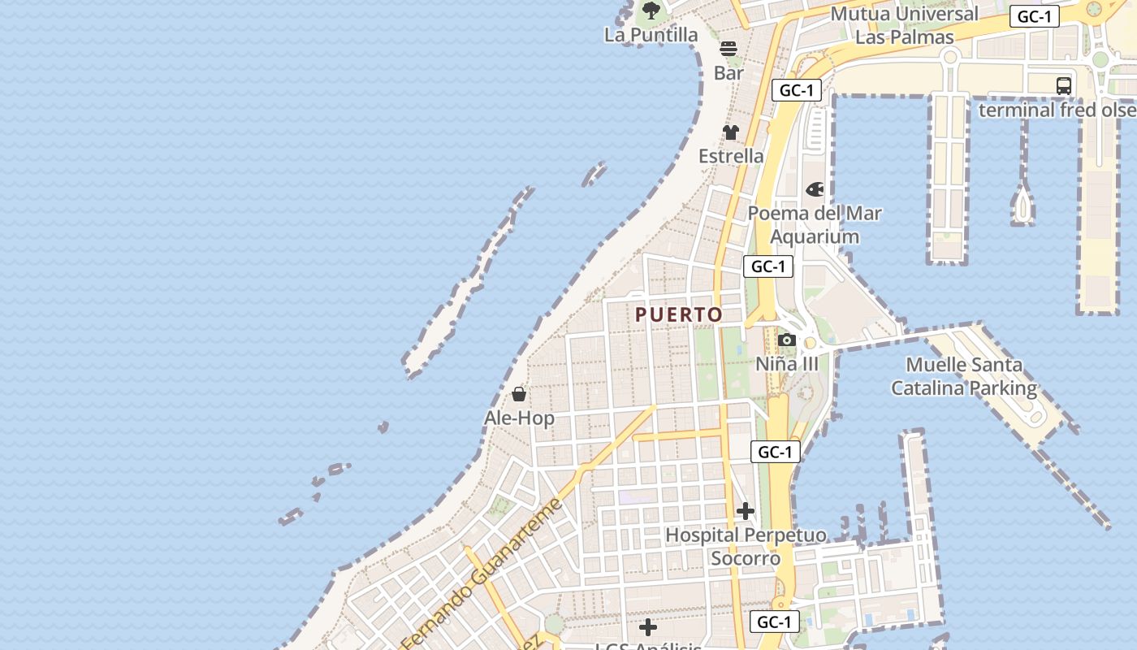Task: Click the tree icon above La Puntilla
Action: click(651, 11)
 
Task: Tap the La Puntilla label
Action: click(651, 35)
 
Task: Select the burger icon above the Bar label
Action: click(728, 49)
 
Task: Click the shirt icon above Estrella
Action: click(731, 132)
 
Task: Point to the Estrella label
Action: click(731, 156)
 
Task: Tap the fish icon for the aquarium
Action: click(815, 189)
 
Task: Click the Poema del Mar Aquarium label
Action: click(815, 225)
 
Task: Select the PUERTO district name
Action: click(678, 315)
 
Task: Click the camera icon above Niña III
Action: click(787, 340)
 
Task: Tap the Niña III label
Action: click(787, 364)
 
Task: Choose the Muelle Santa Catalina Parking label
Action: click(964, 377)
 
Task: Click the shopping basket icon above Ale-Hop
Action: click(519, 395)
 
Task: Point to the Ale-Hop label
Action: click(519, 418)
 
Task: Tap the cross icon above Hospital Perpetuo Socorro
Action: click(745, 511)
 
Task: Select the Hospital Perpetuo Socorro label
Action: click(746, 547)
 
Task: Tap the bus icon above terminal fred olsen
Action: click(1063, 85)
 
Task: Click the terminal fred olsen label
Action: click(1057, 110)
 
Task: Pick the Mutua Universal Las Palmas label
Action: click(904, 25)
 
